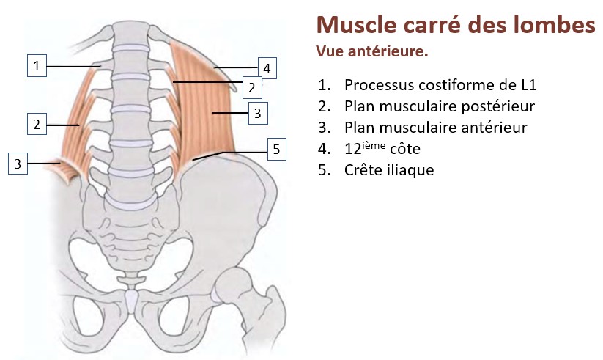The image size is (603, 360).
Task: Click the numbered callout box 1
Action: (37, 65)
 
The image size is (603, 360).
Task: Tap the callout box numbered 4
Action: (267, 69)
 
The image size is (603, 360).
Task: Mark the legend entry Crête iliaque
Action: (388, 170)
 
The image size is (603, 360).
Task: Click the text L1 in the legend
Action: (528, 85)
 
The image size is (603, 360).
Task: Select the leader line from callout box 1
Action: (73, 66)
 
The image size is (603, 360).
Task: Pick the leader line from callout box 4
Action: (235, 68)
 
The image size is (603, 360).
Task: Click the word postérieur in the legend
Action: (499, 106)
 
